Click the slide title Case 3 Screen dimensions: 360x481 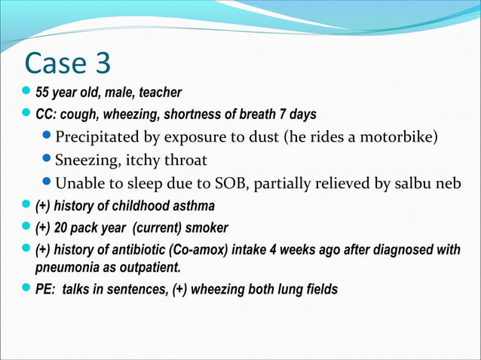point(67,64)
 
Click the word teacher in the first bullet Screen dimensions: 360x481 point(160,93)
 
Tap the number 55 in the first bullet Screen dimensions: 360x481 point(43,93)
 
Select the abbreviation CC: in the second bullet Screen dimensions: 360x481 point(47,115)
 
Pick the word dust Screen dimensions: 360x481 point(253,138)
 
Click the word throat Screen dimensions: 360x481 point(185,160)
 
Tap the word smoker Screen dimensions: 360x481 point(207,227)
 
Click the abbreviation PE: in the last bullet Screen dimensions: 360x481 point(47,290)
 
